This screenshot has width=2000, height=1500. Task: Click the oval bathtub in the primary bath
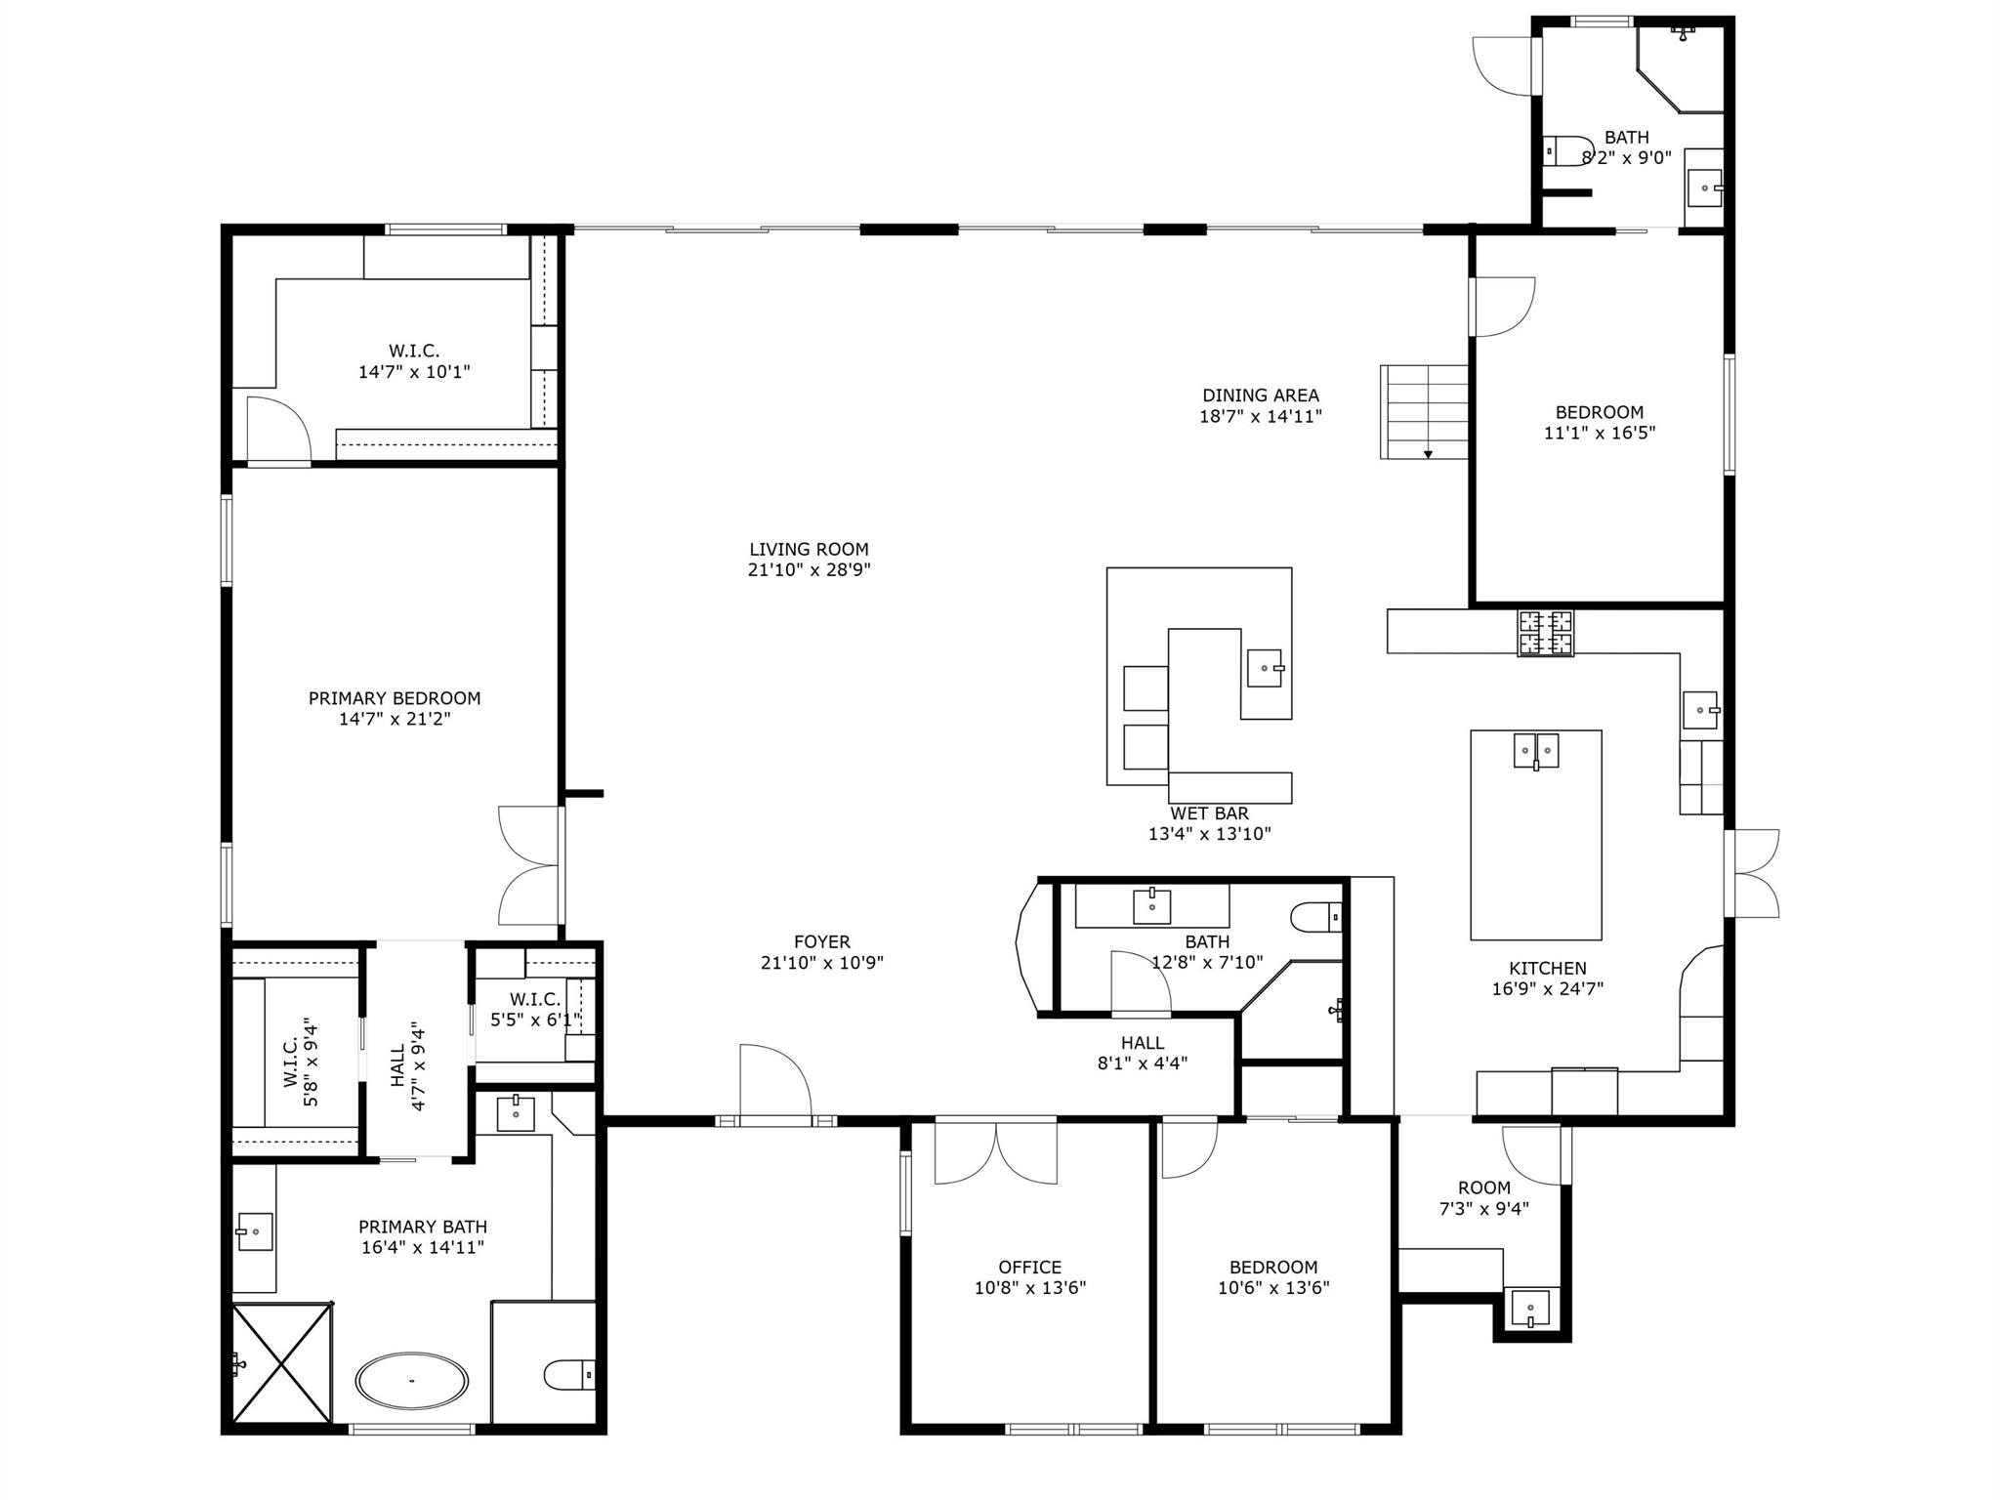coord(411,1380)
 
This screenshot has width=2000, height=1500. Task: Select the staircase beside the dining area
coord(1425,412)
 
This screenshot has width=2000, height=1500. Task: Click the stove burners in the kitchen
coord(1545,633)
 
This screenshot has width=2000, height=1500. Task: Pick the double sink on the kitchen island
coord(1536,750)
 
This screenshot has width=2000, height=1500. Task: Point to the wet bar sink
coord(1266,668)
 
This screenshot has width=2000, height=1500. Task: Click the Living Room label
coord(809,550)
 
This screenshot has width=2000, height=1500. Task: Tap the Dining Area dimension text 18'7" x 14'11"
coord(1261,417)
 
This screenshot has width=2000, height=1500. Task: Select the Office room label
coord(1029,1268)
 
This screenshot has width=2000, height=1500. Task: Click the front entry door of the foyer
coord(776,1084)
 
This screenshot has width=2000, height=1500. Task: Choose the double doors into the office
coord(995,1152)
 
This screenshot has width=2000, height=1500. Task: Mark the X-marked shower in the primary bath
coord(281,1362)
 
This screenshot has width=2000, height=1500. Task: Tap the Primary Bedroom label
coord(395,698)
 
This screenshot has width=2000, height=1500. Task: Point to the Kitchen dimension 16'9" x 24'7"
coord(1547,988)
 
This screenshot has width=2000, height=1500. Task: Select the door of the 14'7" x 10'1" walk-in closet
coord(278,430)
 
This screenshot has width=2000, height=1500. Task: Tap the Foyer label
coord(821,941)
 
